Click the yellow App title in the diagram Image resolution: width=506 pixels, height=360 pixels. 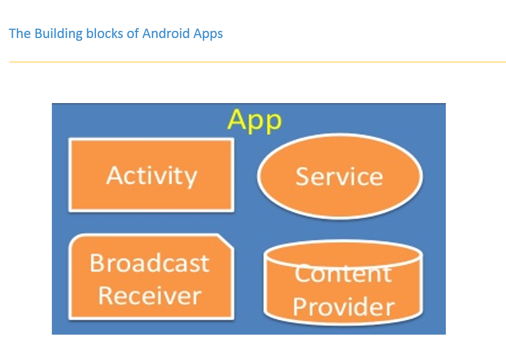point(254,120)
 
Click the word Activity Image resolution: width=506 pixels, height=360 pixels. point(151,175)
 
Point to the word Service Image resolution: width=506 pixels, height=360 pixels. point(339,176)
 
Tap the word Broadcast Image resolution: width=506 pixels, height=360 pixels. point(150,263)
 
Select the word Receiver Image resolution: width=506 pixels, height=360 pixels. point(150,295)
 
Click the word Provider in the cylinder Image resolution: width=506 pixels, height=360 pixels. point(343,307)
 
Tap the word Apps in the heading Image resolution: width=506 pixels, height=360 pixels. point(208,34)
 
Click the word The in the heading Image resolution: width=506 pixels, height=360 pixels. point(20,34)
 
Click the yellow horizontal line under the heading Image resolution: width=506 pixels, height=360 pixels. point(257,62)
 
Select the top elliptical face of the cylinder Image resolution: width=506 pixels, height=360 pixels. point(343,253)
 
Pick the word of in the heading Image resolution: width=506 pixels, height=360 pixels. point(132,34)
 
